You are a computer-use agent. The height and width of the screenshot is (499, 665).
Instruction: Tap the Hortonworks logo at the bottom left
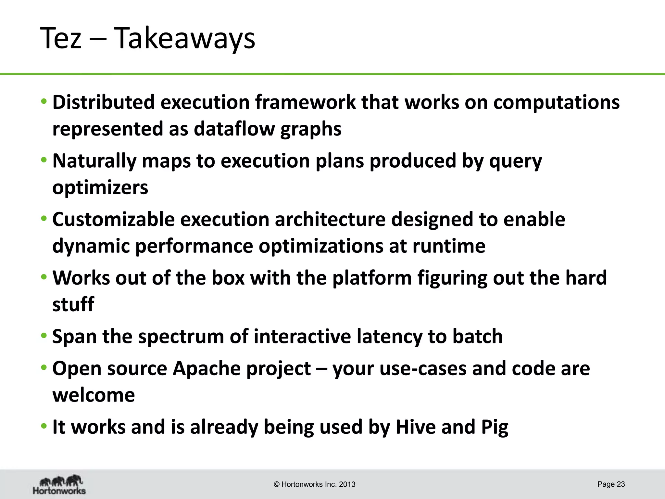(x=59, y=484)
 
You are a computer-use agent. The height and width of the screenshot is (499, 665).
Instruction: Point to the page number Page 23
(x=611, y=484)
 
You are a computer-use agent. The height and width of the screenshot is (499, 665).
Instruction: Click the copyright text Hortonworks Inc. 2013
(x=315, y=484)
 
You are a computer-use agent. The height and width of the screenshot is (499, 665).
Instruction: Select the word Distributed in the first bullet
(x=104, y=102)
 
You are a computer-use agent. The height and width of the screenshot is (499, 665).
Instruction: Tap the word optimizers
(x=100, y=187)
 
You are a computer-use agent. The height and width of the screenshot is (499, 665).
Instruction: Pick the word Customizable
(x=113, y=219)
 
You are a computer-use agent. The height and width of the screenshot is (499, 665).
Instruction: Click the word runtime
(x=449, y=246)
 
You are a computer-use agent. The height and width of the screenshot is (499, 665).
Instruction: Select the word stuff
(x=73, y=304)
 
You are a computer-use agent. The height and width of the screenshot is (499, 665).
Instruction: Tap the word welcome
(x=94, y=395)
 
